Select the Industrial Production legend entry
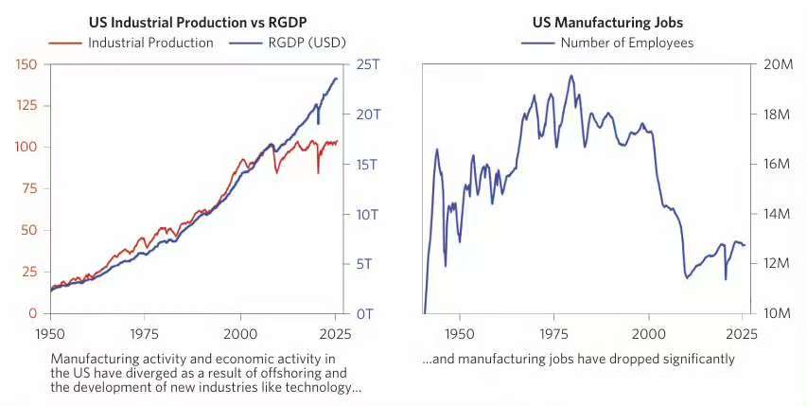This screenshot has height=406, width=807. point(150,43)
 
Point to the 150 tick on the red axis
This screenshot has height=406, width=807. point(27,63)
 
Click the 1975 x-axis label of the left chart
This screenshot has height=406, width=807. point(145,333)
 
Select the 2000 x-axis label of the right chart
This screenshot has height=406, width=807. point(648,333)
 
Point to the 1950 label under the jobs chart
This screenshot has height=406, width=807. point(460,333)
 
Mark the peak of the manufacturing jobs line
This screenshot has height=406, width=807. point(570,76)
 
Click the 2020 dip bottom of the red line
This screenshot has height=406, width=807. point(318,172)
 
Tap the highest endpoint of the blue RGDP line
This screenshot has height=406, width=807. point(336,79)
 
